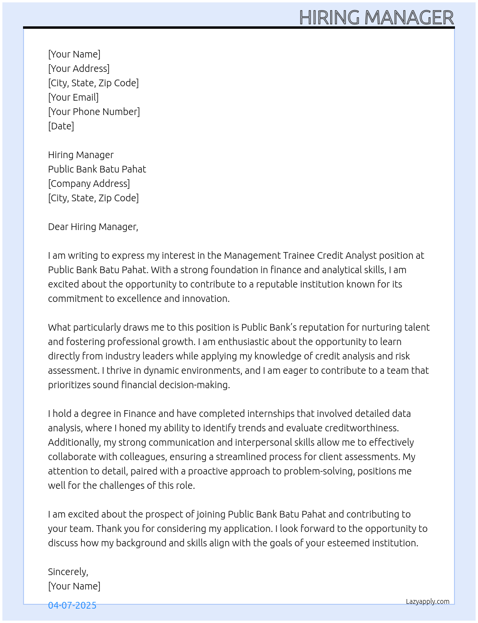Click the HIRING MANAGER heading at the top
coord(376,18)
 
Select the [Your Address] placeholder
coord(79,69)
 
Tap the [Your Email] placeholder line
coord(73,97)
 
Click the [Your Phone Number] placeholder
coord(94,112)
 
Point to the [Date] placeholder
coord(61,126)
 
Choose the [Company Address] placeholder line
coord(89,184)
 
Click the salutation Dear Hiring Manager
coord(93,227)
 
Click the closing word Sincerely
coord(68,572)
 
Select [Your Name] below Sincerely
coord(74,586)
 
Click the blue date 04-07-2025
coord(72,605)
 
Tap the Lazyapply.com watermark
coord(428,601)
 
